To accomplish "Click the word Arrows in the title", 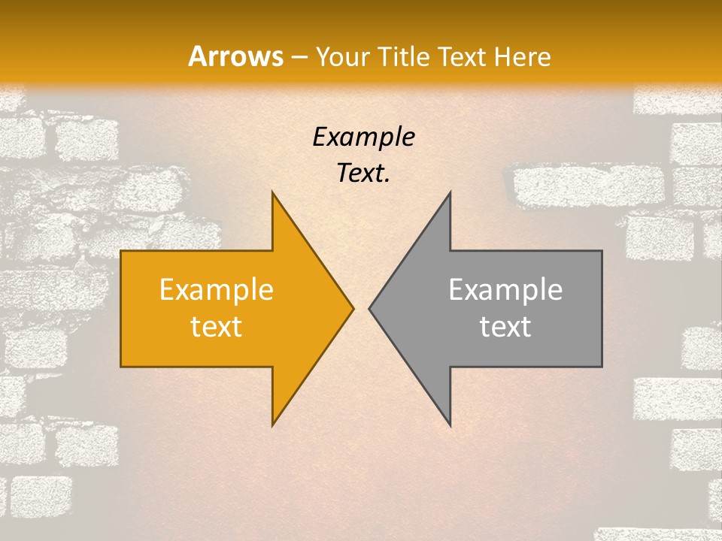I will pyautogui.click(x=235, y=56).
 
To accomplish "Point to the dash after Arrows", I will pyautogui.click(x=299, y=57).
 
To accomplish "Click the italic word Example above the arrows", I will pyautogui.click(x=363, y=138).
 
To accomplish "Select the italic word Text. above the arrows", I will pyautogui.click(x=363, y=174).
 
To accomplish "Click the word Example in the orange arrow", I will pyautogui.click(x=217, y=290).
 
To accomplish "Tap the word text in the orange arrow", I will pyautogui.click(x=217, y=326).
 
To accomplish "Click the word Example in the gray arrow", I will pyautogui.click(x=505, y=290).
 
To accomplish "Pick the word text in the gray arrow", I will pyautogui.click(x=505, y=326).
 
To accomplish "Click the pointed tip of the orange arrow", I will pyautogui.click(x=353, y=308).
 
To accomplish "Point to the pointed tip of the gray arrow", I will pyautogui.click(x=369, y=308).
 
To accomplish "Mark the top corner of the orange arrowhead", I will pyautogui.click(x=272, y=192).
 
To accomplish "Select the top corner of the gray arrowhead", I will pyautogui.click(x=450, y=192).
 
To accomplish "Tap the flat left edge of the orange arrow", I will pyautogui.click(x=121, y=309).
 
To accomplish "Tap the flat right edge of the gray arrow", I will pyautogui.click(x=602, y=309).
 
